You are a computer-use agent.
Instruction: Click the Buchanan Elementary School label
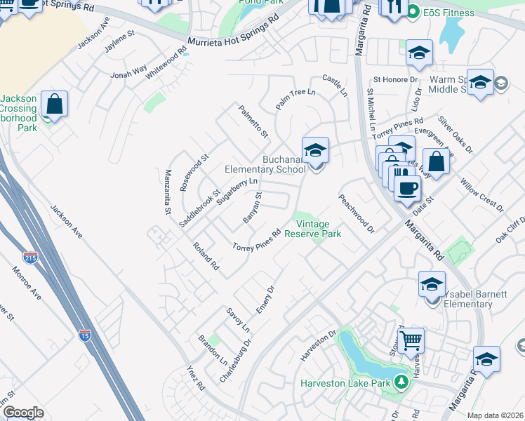[265, 164]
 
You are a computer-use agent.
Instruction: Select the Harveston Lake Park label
[345, 383]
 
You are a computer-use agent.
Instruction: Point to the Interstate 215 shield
[30, 258]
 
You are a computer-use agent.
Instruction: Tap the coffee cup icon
[407, 188]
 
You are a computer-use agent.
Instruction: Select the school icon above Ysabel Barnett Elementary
[432, 284]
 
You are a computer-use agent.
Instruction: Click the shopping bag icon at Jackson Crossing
[54, 105]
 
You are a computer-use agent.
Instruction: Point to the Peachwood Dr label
[357, 213]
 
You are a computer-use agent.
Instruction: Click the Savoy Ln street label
[238, 319]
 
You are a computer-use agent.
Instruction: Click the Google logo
[23, 413]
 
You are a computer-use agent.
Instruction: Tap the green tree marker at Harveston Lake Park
[401, 382]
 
